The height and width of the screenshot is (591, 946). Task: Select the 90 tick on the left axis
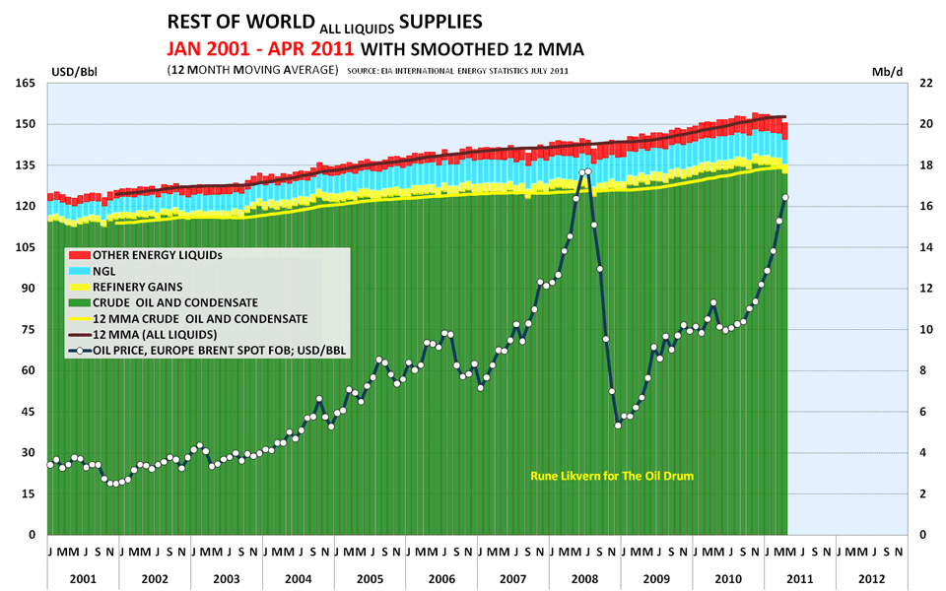[30, 289]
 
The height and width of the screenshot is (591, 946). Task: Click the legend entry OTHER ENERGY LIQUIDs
[157, 254]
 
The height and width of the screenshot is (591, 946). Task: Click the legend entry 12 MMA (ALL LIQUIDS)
[148, 334]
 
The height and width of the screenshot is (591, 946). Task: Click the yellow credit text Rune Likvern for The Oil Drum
[613, 476]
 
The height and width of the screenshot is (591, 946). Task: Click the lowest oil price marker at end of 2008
[618, 426]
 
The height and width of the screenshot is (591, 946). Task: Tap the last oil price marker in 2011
[784, 198]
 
